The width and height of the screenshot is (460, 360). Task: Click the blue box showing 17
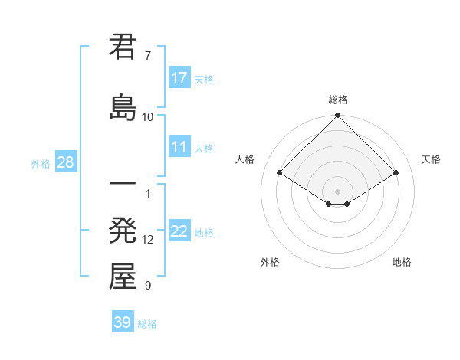(179, 78)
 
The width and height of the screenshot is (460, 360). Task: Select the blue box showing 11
(179, 148)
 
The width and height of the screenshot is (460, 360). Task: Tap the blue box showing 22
(179, 232)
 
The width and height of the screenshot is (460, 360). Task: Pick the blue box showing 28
(65, 163)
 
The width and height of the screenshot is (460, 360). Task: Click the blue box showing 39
(123, 322)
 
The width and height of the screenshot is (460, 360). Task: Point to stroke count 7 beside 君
(148, 56)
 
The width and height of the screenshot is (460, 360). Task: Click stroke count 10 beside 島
(148, 116)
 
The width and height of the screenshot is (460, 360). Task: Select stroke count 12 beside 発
(148, 240)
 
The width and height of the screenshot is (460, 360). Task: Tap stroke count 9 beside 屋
(148, 286)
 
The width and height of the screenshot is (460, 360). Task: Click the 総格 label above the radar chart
(337, 100)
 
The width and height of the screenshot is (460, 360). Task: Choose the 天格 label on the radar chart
(431, 159)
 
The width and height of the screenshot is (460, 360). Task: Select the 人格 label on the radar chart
(245, 159)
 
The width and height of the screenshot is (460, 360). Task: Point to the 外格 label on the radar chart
(270, 262)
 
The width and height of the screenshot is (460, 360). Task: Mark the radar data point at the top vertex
(337, 116)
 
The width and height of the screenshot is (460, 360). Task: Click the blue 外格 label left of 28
(41, 164)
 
